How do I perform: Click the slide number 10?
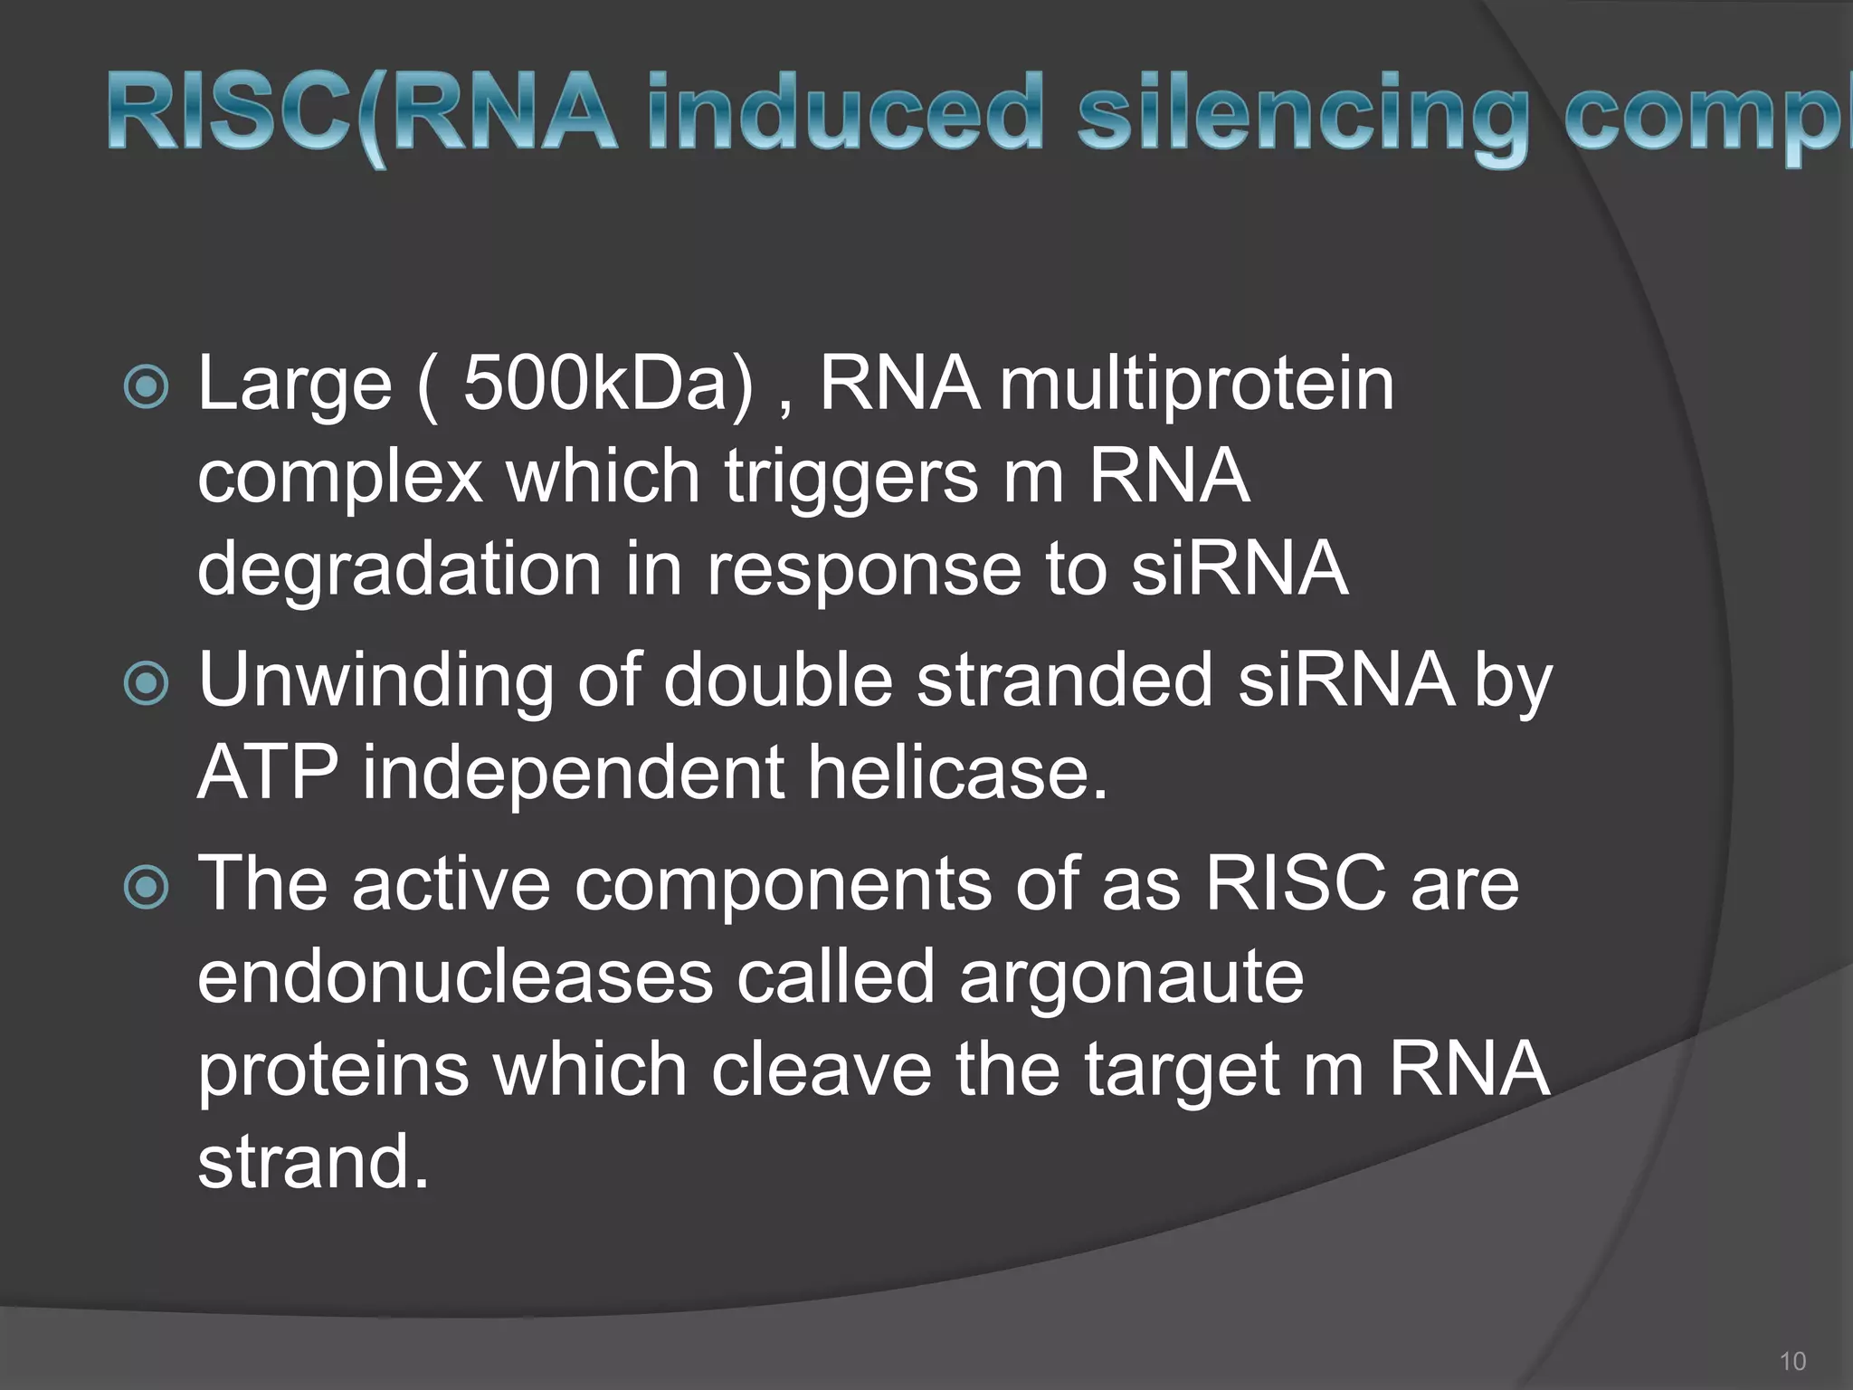(x=1791, y=1361)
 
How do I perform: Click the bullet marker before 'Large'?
(x=146, y=387)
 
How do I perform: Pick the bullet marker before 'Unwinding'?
(x=146, y=684)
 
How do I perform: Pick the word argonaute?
(x=1131, y=981)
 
